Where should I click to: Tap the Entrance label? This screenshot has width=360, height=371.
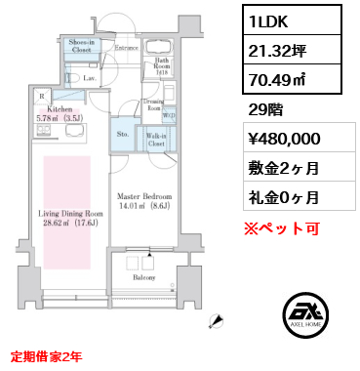pos(126,47)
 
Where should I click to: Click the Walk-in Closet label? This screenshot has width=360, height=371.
pos(154,138)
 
